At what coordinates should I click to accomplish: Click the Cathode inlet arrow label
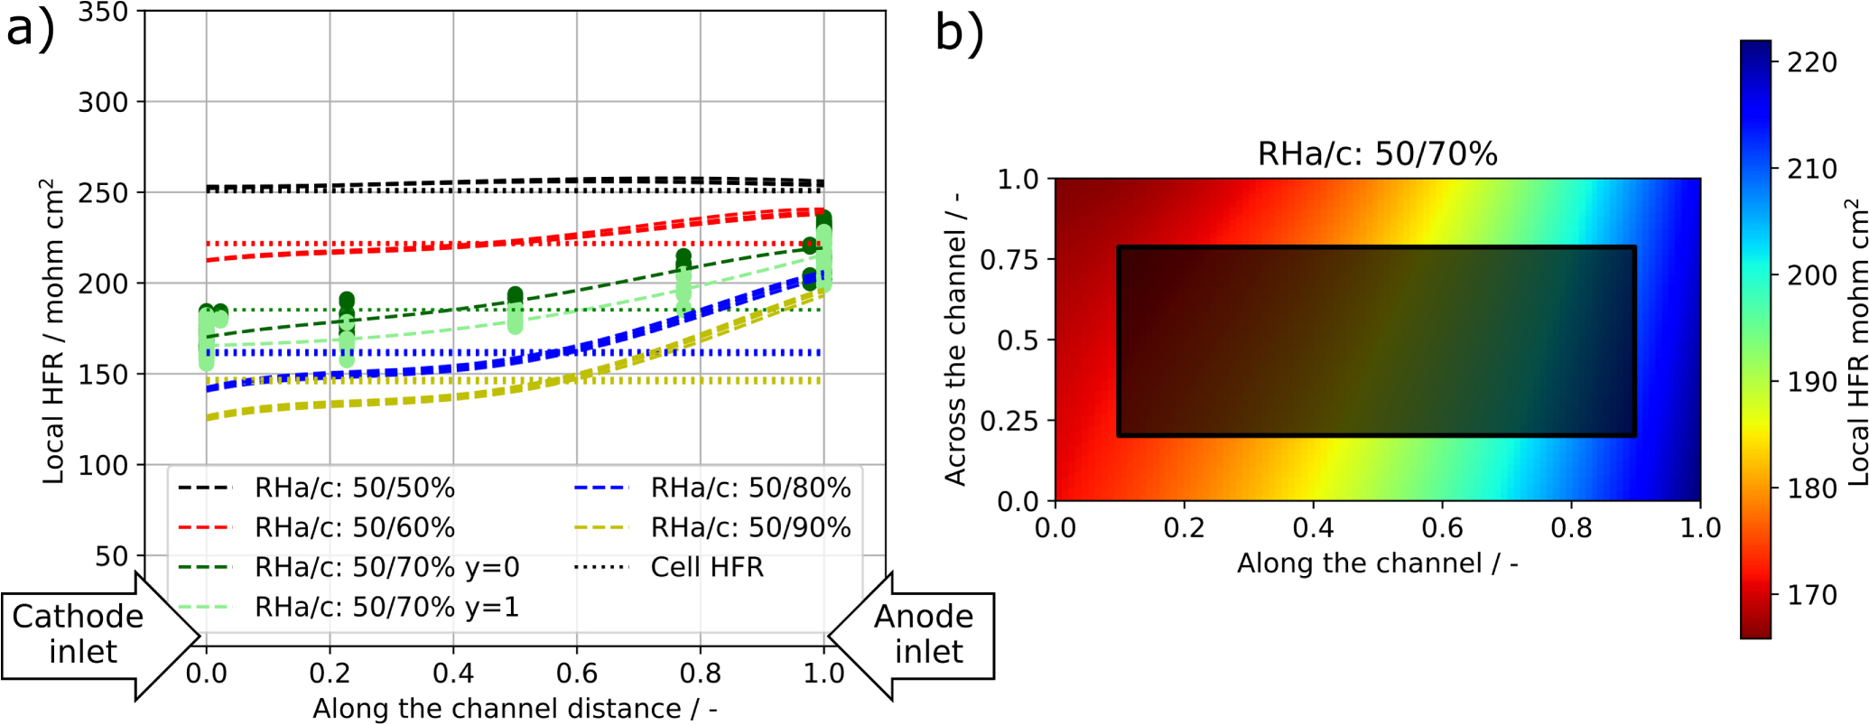tap(79, 634)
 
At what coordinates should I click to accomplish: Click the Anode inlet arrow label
tap(925, 634)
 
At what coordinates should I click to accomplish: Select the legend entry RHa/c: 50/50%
tap(354, 488)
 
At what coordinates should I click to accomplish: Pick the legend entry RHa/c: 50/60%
tap(354, 528)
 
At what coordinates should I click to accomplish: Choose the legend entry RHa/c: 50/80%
tap(750, 488)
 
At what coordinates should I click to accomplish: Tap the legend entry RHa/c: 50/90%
tap(750, 528)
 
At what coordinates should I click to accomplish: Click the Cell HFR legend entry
tap(707, 568)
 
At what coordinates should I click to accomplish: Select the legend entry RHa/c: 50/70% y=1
tap(386, 608)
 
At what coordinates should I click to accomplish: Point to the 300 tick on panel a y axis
tap(103, 103)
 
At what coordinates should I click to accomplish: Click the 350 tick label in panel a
tap(103, 13)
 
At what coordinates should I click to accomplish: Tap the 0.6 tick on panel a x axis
tap(576, 674)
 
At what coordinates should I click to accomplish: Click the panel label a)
tap(30, 29)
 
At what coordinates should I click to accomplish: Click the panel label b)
tap(959, 33)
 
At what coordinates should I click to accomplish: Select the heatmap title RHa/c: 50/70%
tap(1377, 154)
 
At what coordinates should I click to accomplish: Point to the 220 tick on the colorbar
tap(1811, 62)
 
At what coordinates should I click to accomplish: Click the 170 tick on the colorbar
tap(1811, 595)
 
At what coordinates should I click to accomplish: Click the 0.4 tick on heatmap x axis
tap(1312, 528)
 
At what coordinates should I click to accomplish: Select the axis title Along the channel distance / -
tap(515, 709)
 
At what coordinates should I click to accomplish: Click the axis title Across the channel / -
tap(955, 339)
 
